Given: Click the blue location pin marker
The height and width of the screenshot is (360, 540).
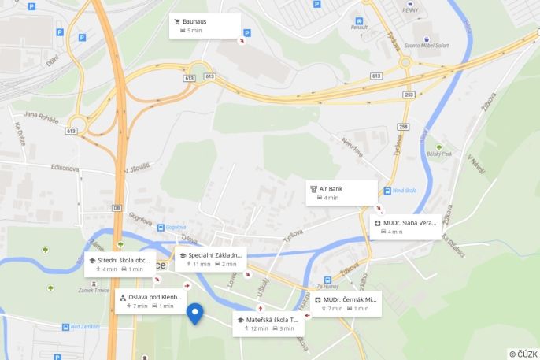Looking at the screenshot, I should (196, 314).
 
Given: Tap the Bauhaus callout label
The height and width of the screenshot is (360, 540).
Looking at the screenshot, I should (205, 25).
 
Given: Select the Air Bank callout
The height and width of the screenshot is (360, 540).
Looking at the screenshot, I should (341, 192).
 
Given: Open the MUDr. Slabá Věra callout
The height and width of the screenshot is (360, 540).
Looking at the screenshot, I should (405, 227).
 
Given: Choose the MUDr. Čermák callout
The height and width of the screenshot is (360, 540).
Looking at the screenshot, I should (346, 303).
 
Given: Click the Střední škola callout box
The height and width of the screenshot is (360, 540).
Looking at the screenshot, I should (120, 264).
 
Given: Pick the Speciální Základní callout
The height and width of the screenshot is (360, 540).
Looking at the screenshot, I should (210, 259).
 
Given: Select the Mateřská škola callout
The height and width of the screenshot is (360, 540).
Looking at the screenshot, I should (268, 324).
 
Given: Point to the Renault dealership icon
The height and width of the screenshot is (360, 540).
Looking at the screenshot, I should (359, 20).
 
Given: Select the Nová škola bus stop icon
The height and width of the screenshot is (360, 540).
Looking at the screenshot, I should (387, 191).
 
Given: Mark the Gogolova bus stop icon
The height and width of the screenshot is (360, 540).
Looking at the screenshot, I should (160, 227).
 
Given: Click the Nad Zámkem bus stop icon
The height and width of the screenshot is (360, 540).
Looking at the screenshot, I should (65, 326).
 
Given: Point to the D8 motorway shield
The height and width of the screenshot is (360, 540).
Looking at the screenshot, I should (117, 208).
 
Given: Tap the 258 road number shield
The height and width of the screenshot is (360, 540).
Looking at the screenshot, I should (404, 126).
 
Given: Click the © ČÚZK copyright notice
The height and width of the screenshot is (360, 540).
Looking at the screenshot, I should (523, 354).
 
